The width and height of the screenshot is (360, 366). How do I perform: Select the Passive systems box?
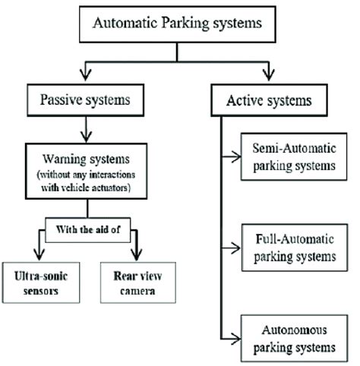(x=87, y=100)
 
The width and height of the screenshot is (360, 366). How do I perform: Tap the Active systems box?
(x=268, y=100)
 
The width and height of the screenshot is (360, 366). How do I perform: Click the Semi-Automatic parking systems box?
(x=289, y=156)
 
